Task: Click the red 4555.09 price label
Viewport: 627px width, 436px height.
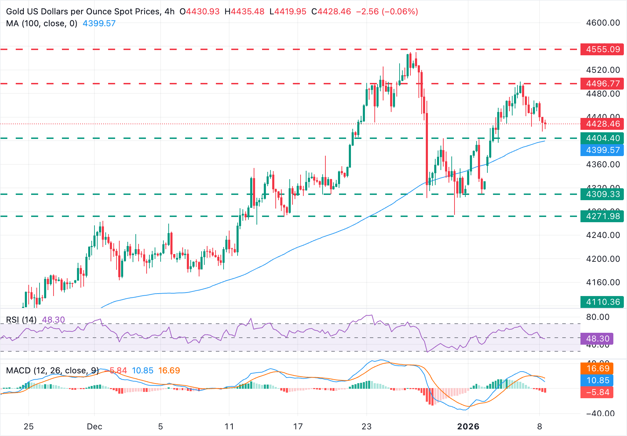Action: click(x=603, y=49)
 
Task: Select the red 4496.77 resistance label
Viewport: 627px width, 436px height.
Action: click(x=603, y=84)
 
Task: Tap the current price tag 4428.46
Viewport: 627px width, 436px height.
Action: click(x=603, y=124)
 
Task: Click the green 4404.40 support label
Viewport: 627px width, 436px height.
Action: click(x=603, y=138)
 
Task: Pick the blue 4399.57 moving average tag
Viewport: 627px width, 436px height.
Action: click(x=603, y=150)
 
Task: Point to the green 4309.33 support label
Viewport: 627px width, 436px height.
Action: click(x=603, y=194)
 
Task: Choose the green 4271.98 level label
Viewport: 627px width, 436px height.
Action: click(x=603, y=216)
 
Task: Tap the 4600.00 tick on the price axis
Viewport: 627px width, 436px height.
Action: click(x=603, y=23)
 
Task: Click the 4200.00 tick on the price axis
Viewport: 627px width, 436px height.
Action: click(x=603, y=259)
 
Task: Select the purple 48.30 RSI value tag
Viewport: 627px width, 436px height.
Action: click(x=597, y=339)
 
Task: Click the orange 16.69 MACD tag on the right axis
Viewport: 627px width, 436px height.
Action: click(x=598, y=368)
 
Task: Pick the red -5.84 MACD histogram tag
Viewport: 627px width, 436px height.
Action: click(x=598, y=392)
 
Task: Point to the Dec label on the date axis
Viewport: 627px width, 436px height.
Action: click(x=94, y=427)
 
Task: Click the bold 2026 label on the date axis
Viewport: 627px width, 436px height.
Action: click(x=468, y=427)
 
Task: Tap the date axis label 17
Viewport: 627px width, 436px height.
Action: click(x=298, y=427)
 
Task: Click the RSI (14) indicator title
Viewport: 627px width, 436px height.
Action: click(x=21, y=320)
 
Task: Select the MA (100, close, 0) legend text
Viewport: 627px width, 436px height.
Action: click(x=42, y=23)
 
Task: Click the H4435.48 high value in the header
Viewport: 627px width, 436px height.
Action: click(x=244, y=12)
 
